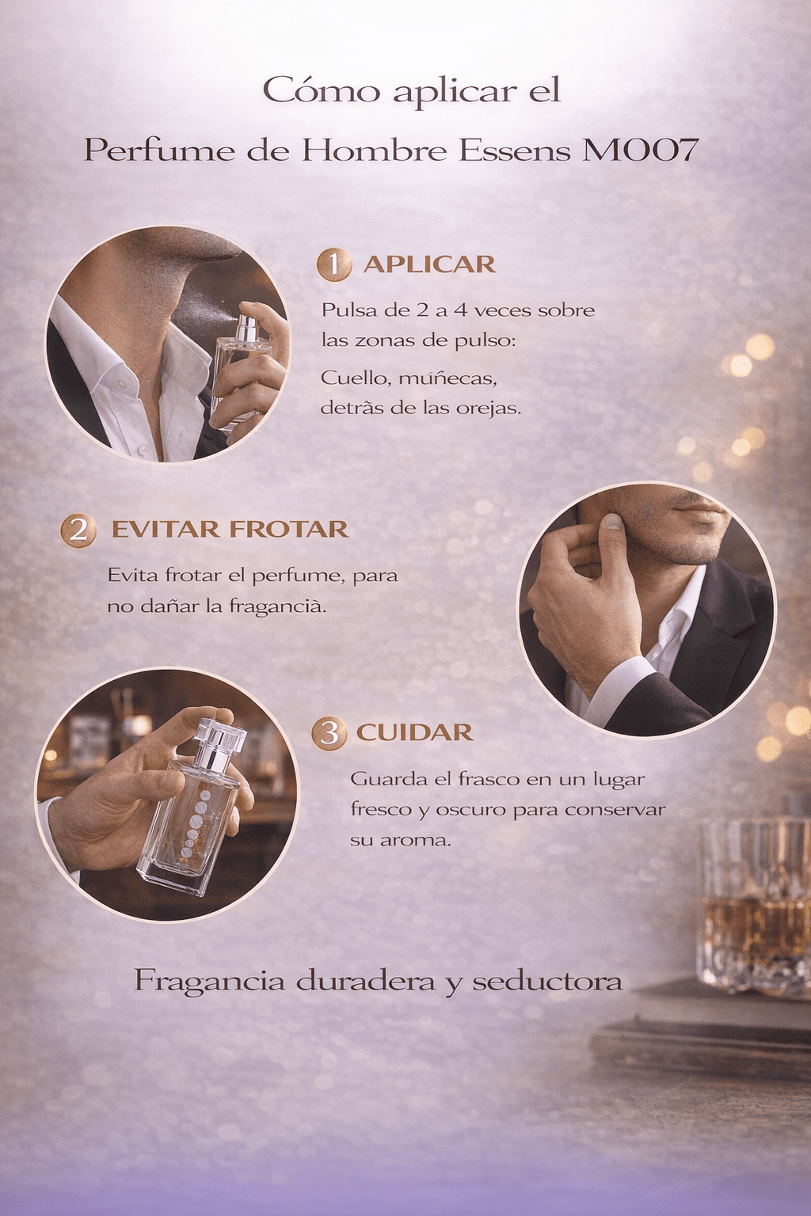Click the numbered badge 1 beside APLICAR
point(334,265)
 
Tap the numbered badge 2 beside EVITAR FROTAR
point(78,530)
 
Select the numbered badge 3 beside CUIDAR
point(329,733)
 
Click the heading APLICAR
point(429,264)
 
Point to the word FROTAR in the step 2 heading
point(288,529)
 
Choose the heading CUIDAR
point(414,732)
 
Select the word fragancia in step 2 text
point(277,606)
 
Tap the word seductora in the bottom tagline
point(547,981)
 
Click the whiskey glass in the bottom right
point(753,902)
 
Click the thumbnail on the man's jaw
point(612,521)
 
